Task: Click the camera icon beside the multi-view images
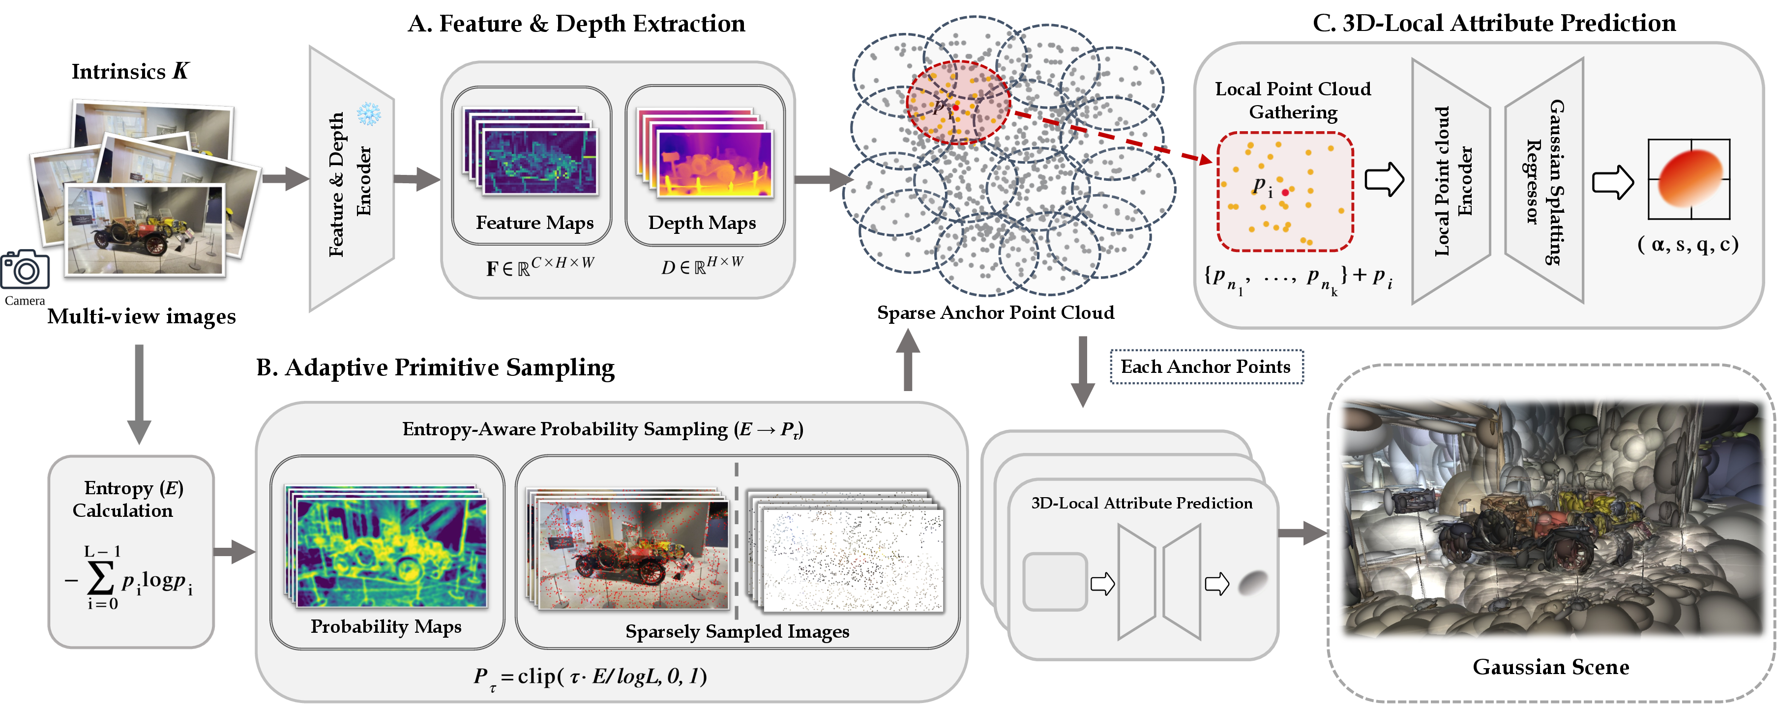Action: pos(25,270)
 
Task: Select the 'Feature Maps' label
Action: pos(534,223)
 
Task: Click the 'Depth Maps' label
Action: pos(702,223)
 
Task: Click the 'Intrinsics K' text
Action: pos(130,71)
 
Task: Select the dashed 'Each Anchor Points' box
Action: pos(1206,367)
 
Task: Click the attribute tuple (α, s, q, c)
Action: pos(1688,244)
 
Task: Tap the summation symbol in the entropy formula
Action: pos(101,578)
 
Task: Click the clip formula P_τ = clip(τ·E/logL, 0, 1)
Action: pos(591,676)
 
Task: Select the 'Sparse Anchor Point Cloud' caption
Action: pos(995,313)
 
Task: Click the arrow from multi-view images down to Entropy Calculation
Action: pos(139,393)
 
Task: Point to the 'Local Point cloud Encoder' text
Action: pos(1452,181)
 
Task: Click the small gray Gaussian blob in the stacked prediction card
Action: pos(1253,583)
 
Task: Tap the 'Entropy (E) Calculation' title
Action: pos(129,499)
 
